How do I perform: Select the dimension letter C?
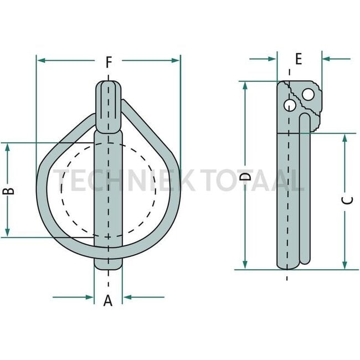tap(347, 201)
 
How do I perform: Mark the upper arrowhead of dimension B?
tap(8, 147)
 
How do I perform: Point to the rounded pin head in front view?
tap(108, 105)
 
